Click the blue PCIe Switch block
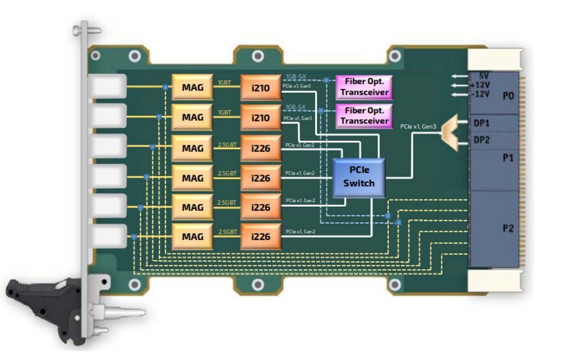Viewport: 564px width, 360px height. point(358,177)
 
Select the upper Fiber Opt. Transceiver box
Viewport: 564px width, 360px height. point(364,86)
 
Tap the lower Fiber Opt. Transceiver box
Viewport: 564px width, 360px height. point(364,115)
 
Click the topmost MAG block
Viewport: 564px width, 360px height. point(193,86)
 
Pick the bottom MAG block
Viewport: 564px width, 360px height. point(193,237)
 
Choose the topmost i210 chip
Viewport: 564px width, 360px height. point(261,86)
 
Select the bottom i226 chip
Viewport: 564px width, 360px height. point(261,237)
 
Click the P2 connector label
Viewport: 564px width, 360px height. point(508,228)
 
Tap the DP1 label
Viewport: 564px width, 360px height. point(482,123)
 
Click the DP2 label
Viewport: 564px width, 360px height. point(482,140)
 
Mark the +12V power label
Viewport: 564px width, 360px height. point(480,85)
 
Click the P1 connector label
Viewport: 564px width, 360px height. point(508,158)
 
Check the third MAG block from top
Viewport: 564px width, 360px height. point(193,147)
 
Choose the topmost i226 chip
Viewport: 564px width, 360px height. point(261,147)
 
